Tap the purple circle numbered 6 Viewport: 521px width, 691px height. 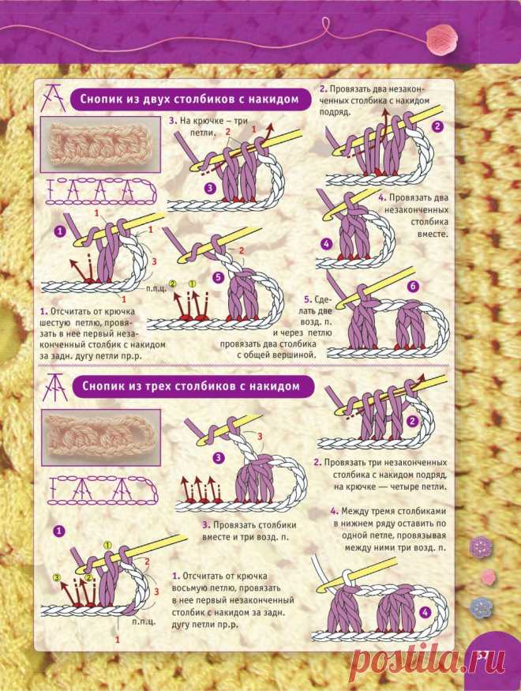[x=413, y=287]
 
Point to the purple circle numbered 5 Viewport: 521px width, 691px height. [x=219, y=278]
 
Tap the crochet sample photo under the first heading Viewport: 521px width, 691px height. [x=100, y=144]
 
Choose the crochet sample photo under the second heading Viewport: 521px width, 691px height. [x=101, y=437]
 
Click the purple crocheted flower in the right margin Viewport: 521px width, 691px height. [x=481, y=546]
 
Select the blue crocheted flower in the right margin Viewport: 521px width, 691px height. [x=480, y=607]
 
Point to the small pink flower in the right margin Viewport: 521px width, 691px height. [x=488, y=576]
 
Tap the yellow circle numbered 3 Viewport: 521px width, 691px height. [x=56, y=576]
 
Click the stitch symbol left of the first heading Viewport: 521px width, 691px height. [x=54, y=97]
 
